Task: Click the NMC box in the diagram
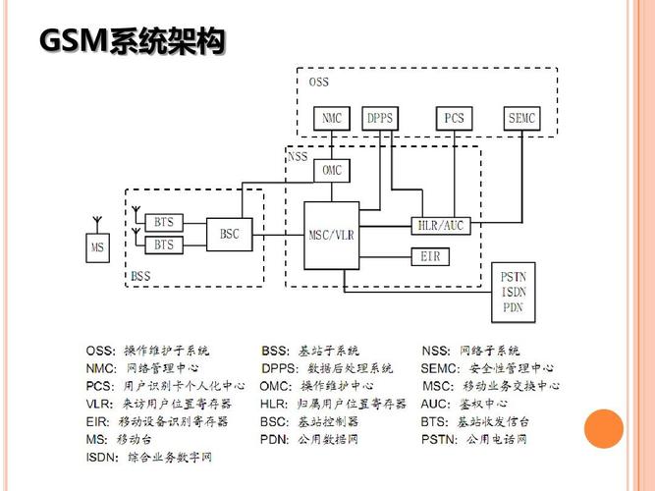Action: pos(331,119)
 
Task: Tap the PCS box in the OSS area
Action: pos(454,119)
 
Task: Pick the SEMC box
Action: pos(521,119)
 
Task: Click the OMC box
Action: pos(332,170)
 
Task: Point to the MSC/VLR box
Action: pos(331,235)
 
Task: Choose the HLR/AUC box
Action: pos(439,226)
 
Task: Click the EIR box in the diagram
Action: pos(428,256)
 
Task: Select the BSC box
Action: pos(230,234)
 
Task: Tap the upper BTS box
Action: pos(163,222)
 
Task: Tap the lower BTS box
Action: pos(163,245)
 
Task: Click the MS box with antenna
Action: pos(97,246)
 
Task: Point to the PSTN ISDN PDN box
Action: pos(514,292)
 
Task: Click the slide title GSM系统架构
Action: pos(132,42)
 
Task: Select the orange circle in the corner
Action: pos(604,429)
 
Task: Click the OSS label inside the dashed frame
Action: pos(319,82)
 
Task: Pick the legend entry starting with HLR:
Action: pos(334,404)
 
